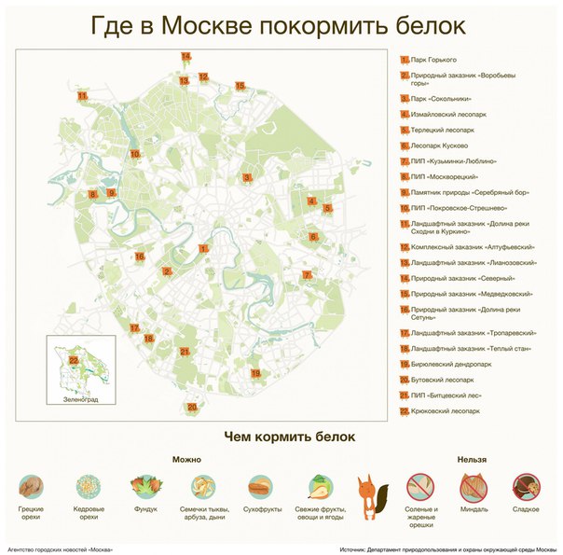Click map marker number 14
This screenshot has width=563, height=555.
pyautogui.click(x=185, y=57)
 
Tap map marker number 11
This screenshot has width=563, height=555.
pyautogui.click(x=82, y=95)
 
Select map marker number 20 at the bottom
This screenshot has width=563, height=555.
pyautogui.click(x=192, y=408)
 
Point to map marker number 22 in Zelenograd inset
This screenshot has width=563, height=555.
pyautogui.click(x=73, y=360)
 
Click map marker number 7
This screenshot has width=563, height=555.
pyautogui.click(x=307, y=275)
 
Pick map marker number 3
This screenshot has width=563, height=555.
pyautogui.click(x=247, y=177)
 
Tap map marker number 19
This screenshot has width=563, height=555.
pyautogui.click(x=255, y=373)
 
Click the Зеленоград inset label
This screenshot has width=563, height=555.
pyautogui.click(x=80, y=399)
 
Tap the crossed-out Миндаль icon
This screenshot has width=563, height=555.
pyautogui.click(x=474, y=486)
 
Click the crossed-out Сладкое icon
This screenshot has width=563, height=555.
pyautogui.click(x=526, y=486)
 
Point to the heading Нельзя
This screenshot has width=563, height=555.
pyautogui.click(x=472, y=459)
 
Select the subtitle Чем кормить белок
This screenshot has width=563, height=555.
pyautogui.click(x=290, y=436)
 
